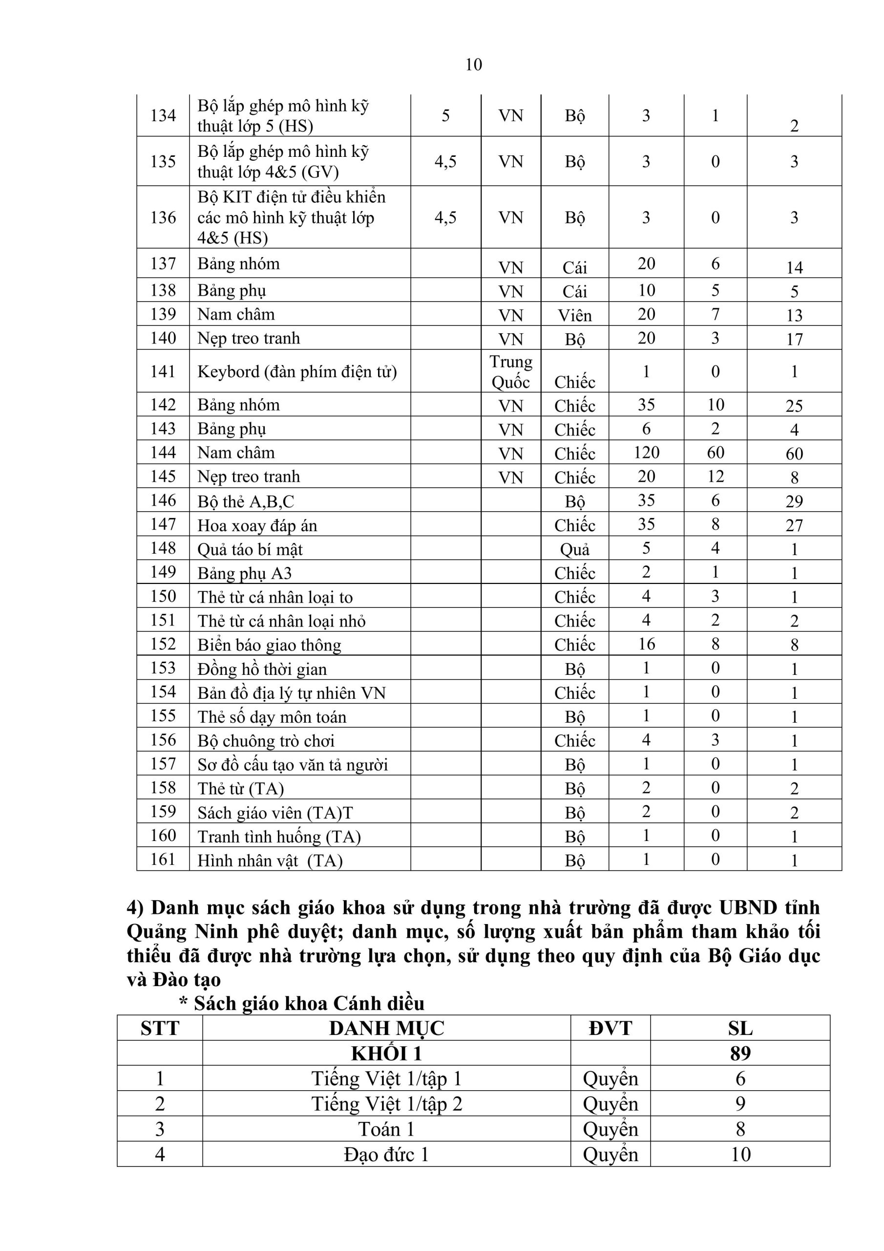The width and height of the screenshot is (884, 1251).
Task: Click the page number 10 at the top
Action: pyautogui.click(x=473, y=65)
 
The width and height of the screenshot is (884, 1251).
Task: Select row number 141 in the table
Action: pyautogui.click(x=163, y=371)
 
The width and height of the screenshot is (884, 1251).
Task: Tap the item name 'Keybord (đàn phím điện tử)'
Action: pyautogui.click(x=297, y=371)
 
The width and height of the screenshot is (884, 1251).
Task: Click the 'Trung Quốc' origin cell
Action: pyautogui.click(x=510, y=371)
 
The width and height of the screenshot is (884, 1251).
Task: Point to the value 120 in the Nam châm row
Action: pyautogui.click(x=646, y=452)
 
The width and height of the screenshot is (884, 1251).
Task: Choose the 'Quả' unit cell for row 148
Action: pyautogui.click(x=575, y=549)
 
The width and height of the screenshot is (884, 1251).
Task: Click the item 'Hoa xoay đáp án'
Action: pyautogui.click(x=257, y=525)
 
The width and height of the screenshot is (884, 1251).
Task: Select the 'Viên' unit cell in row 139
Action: pyautogui.click(x=575, y=315)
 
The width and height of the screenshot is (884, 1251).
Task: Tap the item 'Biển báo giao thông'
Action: pyautogui.click(x=269, y=645)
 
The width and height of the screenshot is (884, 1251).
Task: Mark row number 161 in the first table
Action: pyautogui.click(x=163, y=859)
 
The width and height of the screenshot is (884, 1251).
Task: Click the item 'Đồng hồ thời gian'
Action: pyautogui.click(x=262, y=669)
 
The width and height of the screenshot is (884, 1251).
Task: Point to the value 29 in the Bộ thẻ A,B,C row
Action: pyautogui.click(x=794, y=501)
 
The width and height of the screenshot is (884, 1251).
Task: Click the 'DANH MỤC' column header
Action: pyautogui.click(x=386, y=1028)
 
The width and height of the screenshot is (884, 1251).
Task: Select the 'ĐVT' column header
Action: pyautogui.click(x=610, y=1028)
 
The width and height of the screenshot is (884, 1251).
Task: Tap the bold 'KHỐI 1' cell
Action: pyautogui.click(x=386, y=1053)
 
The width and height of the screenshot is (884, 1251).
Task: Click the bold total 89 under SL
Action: pyautogui.click(x=740, y=1053)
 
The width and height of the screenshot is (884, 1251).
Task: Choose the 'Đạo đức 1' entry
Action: pyautogui.click(x=386, y=1154)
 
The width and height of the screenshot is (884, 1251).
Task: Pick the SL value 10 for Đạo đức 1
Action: pyautogui.click(x=740, y=1154)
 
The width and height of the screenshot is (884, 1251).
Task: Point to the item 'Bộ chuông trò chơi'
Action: pyautogui.click(x=266, y=740)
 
